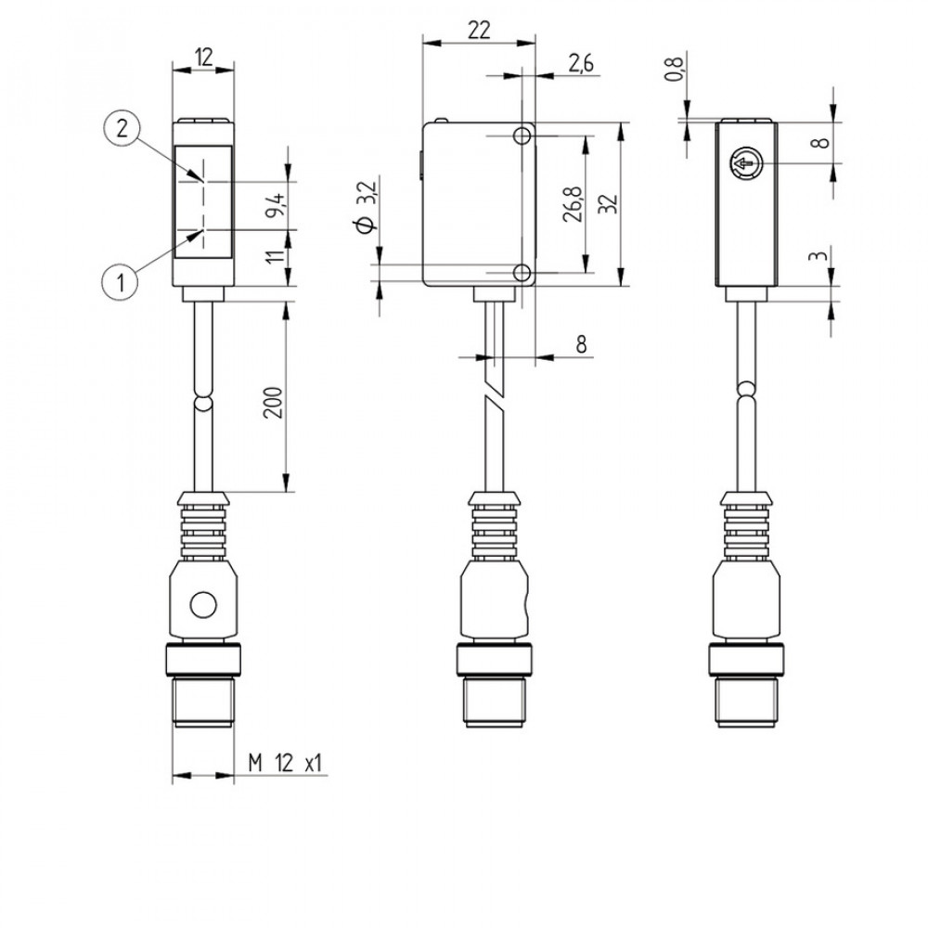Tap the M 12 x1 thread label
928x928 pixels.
(285, 764)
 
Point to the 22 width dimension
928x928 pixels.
(478, 30)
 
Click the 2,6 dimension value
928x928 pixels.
(580, 63)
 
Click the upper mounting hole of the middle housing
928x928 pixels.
(523, 136)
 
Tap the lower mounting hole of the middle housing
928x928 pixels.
(523, 272)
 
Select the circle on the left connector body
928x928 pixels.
(201, 608)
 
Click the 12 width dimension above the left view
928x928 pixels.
(203, 58)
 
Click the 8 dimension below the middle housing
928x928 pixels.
(581, 343)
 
